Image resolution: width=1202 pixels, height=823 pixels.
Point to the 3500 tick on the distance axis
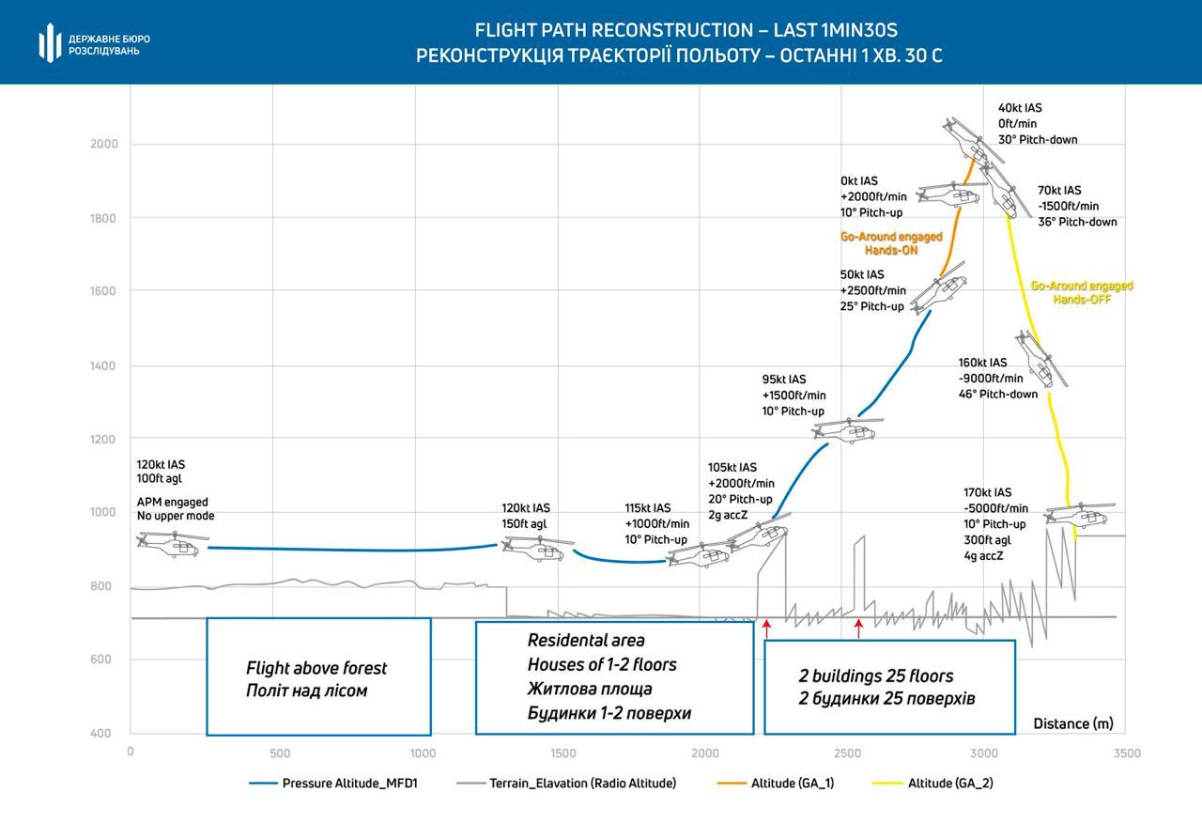tap(1127, 753)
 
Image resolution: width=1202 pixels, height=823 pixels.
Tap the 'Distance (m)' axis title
tap(1073, 723)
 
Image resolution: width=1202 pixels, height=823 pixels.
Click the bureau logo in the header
tap(50, 43)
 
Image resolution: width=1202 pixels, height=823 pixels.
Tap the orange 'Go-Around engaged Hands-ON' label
tap(891, 244)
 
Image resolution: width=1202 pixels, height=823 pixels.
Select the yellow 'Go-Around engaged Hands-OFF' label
tap(1082, 292)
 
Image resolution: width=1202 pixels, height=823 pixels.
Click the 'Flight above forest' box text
tap(316, 668)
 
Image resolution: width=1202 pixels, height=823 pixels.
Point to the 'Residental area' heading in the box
tap(586, 640)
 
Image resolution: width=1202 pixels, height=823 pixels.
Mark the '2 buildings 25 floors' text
tap(875, 675)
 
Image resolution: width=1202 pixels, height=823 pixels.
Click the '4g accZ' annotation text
tap(983, 555)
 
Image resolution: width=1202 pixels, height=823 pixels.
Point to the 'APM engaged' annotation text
tap(173, 501)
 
